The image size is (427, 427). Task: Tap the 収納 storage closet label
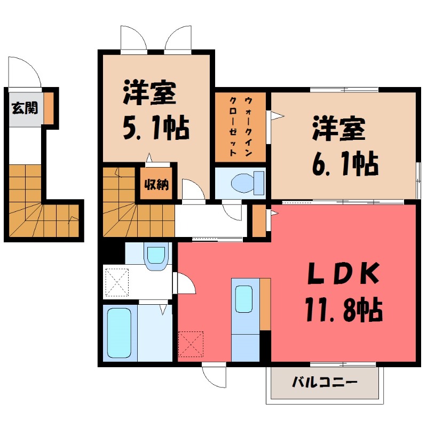[x=156, y=185]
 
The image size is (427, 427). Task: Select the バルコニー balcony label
[x=324, y=382]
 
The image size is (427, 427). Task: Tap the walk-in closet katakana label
[x=240, y=126]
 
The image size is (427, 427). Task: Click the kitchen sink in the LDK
[x=244, y=299]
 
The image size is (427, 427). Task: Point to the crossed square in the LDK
[x=191, y=344]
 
